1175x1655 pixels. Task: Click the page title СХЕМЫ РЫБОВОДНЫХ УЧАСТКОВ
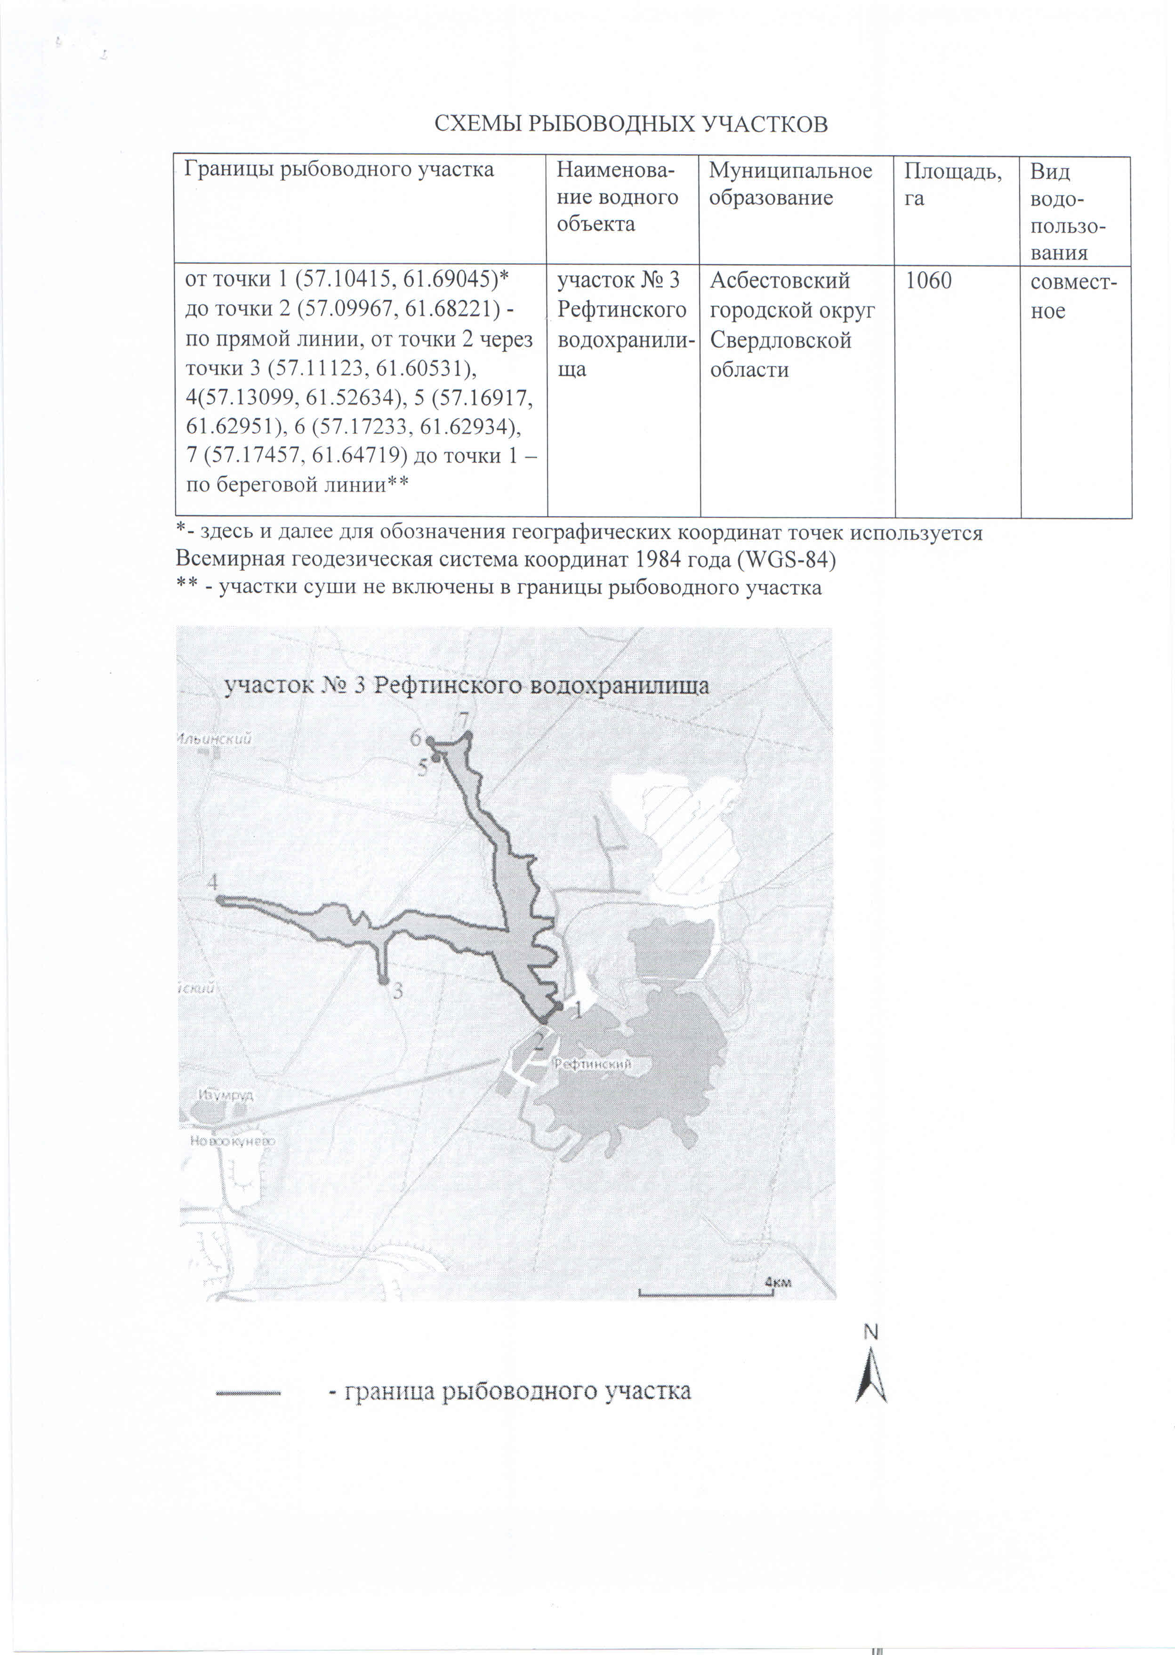[x=630, y=124]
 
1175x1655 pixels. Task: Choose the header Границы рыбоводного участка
[x=338, y=170]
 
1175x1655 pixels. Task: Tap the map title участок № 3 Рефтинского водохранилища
[x=467, y=686]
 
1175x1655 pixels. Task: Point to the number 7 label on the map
[x=463, y=721]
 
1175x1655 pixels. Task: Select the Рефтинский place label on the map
[x=593, y=1064]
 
